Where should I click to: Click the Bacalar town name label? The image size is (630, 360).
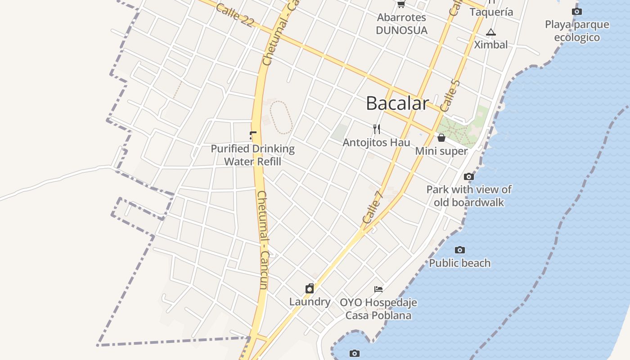click(x=397, y=103)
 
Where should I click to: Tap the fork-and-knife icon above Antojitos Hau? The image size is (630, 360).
click(x=377, y=129)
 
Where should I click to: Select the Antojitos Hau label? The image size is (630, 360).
click(x=376, y=143)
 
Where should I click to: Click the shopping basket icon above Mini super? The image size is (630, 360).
click(x=441, y=138)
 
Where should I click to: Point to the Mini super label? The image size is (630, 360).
click(x=441, y=151)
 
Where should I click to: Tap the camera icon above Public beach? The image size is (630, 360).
click(x=459, y=250)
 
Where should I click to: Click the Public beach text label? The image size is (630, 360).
click(x=459, y=263)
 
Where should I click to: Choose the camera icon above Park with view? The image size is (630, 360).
click(x=468, y=176)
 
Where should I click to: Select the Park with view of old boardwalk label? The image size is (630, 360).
click(x=469, y=196)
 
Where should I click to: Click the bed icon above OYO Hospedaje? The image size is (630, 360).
click(x=378, y=289)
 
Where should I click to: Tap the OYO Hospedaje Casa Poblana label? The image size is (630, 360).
click(x=378, y=309)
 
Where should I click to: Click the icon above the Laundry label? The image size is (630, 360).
click(x=310, y=288)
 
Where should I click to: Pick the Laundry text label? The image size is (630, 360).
click(x=310, y=301)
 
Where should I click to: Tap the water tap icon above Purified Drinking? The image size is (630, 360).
click(x=253, y=135)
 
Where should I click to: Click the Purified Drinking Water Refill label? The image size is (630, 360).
click(x=252, y=155)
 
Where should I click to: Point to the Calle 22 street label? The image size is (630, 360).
click(x=234, y=15)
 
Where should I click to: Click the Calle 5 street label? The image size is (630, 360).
click(x=450, y=96)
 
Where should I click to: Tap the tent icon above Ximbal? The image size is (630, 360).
click(x=490, y=32)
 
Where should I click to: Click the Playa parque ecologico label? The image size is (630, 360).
click(x=577, y=31)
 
